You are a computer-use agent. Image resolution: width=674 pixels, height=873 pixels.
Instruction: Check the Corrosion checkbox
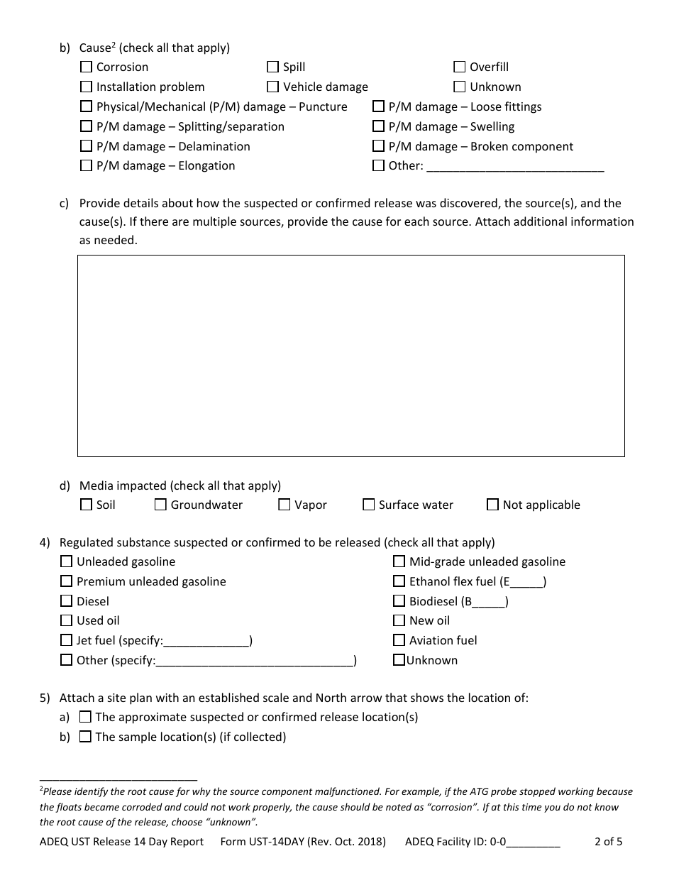[x=87, y=67]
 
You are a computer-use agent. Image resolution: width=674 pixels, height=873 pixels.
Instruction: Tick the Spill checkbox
[x=273, y=67]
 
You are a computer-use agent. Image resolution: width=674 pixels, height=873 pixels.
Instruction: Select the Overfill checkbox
[x=460, y=67]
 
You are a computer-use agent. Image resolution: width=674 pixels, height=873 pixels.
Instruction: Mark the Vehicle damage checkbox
[x=273, y=87]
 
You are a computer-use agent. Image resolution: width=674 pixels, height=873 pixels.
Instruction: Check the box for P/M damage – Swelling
[x=379, y=127]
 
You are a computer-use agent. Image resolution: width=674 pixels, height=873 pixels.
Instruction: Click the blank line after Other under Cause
[x=515, y=167]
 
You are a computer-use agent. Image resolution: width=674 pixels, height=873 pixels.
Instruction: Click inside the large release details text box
[x=350, y=356]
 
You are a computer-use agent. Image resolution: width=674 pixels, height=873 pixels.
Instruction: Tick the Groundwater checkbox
[x=161, y=505]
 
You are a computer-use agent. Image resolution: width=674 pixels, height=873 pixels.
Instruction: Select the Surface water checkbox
[x=369, y=505]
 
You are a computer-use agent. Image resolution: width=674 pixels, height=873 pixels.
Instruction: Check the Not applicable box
[x=493, y=505]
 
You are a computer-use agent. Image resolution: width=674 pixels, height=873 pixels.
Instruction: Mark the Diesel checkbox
[x=67, y=601]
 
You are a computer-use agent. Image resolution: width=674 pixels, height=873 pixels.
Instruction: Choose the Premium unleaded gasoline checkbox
[x=67, y=582]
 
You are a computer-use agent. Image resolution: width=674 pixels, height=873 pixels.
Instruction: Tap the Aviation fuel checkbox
[x=399, y=641]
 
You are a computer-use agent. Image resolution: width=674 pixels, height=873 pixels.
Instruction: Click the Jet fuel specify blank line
[x=206, y=642]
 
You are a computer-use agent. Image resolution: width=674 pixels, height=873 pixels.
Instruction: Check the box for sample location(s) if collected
[x=85, y=737]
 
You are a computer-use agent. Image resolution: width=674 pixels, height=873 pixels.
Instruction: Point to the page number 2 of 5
[x=608, y=842]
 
